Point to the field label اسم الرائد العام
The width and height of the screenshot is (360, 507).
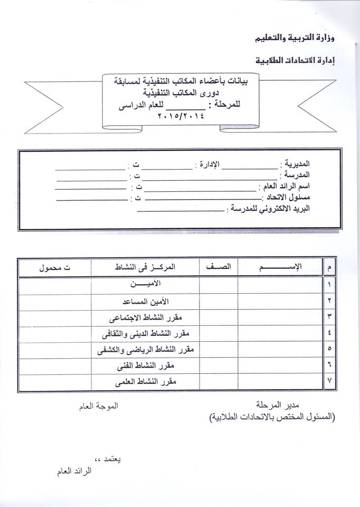[285, 186]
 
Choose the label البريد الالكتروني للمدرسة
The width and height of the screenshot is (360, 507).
[270, 209]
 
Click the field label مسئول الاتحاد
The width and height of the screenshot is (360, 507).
[288, 198]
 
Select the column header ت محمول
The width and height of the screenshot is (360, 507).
[54, 268]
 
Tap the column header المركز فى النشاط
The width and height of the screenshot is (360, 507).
[146, 268]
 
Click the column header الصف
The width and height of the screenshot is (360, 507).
[219, 268]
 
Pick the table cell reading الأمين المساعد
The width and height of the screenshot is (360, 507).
[146, 301]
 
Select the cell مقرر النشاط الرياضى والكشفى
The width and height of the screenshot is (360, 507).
[146, 350]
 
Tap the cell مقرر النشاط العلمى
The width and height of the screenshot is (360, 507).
[146, 381]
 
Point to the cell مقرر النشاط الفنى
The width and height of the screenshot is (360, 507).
[146, 365]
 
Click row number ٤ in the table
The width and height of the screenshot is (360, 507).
[329, 334]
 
